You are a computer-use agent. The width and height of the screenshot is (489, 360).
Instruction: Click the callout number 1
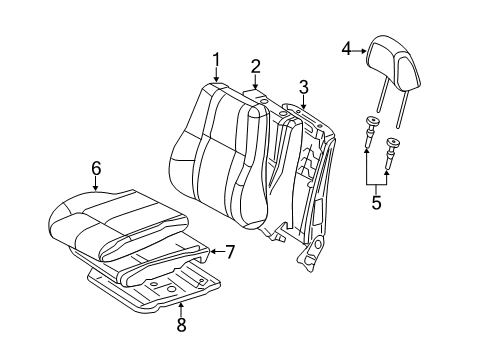(x=216, y=61)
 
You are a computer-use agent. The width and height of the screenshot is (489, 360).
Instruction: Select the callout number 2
(x=256, y=67)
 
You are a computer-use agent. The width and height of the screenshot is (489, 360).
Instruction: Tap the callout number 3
(x=302, y=87)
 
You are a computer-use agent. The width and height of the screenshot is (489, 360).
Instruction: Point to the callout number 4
(x=345, y=47)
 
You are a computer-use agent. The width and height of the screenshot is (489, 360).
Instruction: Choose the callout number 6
(x=96, y=170)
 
